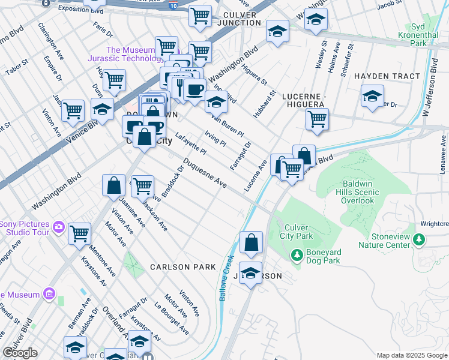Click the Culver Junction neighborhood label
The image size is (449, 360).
click(234, 19)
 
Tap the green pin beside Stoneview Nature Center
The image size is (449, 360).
click(418, 240)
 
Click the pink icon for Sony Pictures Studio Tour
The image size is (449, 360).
click(59, 227)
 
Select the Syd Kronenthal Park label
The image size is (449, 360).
click(427, 35)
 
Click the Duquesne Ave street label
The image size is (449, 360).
click(205, 173)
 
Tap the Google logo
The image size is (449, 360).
click(19, 353)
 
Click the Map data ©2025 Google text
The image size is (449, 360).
click(412, 355)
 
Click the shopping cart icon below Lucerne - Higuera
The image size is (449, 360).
click(317, 118)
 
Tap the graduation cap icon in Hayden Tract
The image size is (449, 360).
click(372, 95)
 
